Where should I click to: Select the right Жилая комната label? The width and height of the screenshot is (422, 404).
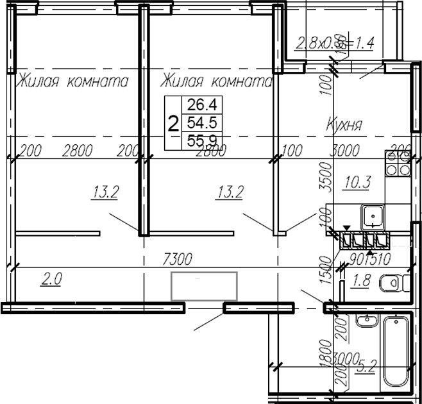tap(216, 81)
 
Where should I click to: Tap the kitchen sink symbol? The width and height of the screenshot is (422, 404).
tap(372, 217)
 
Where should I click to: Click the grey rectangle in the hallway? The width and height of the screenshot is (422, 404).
tap(204, 285)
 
